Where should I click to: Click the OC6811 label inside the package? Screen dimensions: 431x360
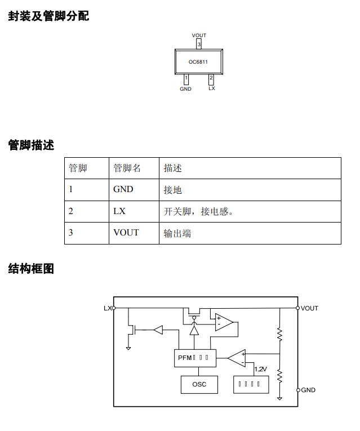[x=198, y=62]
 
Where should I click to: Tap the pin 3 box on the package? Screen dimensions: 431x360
[x=199, y=44]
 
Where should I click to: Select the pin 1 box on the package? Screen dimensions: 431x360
[x=186, y=79]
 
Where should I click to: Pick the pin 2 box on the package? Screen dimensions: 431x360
[x=211, y=79]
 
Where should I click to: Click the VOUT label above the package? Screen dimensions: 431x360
[x=199, y=35]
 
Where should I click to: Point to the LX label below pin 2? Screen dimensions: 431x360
[x=211, y=88]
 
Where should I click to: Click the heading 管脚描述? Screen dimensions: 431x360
[x=31, y=145]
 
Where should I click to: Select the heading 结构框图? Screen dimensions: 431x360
[x=31, y=269]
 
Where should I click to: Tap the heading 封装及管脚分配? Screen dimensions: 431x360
[x=48, y=16]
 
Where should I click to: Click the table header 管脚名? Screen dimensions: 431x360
[x=127, y=168]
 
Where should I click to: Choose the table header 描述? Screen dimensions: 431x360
[x=172, y=168]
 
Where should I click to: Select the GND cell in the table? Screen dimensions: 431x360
[x=123, y=189]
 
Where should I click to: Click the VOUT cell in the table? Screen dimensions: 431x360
[x=126, y=233]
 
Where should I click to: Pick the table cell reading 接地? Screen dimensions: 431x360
[x=172, y=190]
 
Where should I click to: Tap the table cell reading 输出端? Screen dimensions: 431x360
[x=177, y=233]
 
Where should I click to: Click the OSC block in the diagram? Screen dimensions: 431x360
[x=199, y=384]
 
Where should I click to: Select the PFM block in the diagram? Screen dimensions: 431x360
[x=193, y=357]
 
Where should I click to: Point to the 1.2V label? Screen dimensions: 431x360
[x=260, y=369]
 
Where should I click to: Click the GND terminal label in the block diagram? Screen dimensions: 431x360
[x=308, y=390]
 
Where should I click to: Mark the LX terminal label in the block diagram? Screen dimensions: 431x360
[x=107, y=308]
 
